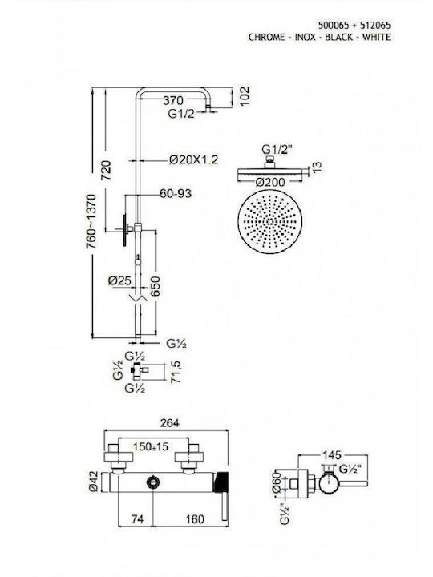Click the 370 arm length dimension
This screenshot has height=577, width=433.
(x=173, y=100)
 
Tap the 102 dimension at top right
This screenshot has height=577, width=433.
(x=244, y=96)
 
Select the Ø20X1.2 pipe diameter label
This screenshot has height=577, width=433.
(x=194, y=159)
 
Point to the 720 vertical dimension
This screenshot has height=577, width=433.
(x=106, y=170)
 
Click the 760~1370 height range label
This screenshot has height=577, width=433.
(x=91, y=221)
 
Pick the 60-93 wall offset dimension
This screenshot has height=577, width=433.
(x=176, y=193)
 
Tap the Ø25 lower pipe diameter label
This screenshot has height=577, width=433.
(x=119, y=280)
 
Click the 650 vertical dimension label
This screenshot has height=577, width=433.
(x=156, y=286)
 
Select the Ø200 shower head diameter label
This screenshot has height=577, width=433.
(x=270, y=181)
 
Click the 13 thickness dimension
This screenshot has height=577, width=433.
(x=316, y=167)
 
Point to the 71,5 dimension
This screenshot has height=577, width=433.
(x=176, y=372)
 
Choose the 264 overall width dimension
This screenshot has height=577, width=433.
(x=170, y=423)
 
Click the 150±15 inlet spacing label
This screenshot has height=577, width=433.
(x=151, y=446)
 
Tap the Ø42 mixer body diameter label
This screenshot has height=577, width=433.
(x=93, y=482)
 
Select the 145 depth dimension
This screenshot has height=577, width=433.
(x=332, y=455)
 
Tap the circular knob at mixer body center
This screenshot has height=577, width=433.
(x=152, y=482)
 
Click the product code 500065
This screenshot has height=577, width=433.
(x=334, y=26)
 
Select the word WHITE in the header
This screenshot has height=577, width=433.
(x=377, y=37)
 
